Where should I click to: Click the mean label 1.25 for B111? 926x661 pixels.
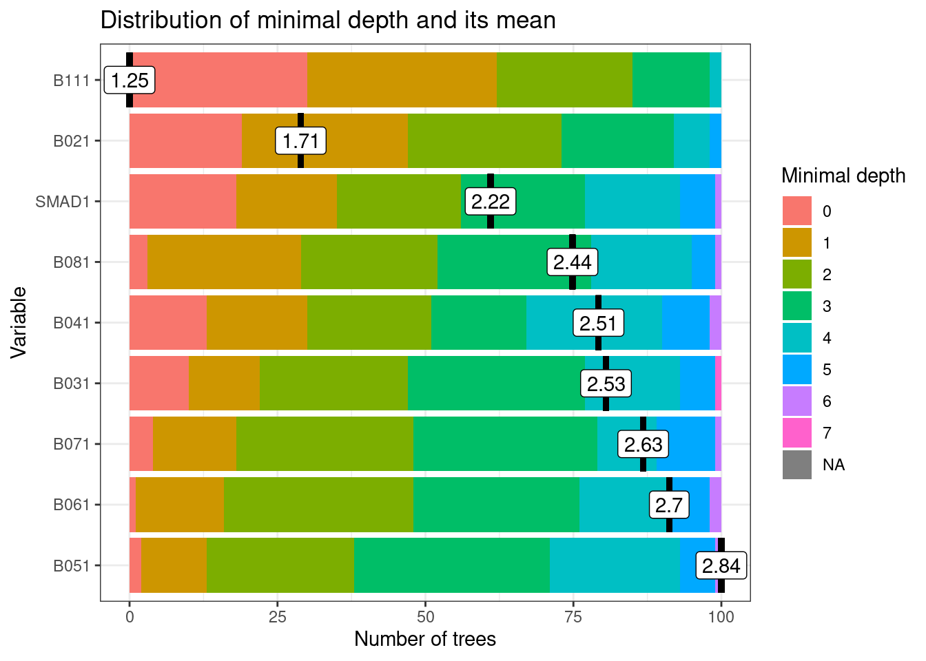[130, 81]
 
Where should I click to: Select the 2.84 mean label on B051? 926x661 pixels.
[721, 566]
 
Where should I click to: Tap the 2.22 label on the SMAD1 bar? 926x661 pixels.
[491, 202]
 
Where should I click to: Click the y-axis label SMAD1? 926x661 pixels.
[63, 202]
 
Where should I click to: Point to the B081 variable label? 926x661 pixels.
[72, 262]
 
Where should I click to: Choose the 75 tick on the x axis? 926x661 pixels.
[573, 617]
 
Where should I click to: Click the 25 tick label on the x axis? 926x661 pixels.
[277, 617]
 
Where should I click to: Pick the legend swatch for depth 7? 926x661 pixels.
[797, 433]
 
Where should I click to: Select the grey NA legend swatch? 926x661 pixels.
[797, 465]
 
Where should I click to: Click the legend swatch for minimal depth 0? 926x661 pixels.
[797, 211]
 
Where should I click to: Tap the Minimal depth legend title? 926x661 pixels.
[843, 176]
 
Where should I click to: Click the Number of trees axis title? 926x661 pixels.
[425, 639]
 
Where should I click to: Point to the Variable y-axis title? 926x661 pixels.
[19, 322]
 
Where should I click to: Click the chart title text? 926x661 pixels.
[328, 20]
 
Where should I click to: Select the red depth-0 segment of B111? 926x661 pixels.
[220, 81]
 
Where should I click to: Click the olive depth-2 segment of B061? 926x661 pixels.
[318, 505]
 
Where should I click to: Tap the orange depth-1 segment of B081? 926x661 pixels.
[224, 262]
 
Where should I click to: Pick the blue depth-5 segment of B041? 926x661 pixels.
[686, 323]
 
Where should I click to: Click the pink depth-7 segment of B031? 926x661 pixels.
[718, 384]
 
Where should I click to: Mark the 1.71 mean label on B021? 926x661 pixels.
[300, 141]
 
